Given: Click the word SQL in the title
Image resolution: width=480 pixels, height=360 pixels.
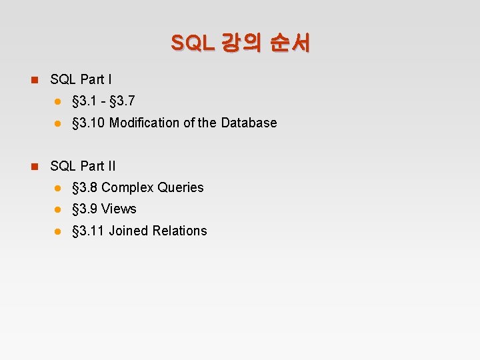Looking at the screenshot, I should [x=192, y=43].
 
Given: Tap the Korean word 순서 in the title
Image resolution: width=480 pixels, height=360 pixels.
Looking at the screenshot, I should [x=290, y=43].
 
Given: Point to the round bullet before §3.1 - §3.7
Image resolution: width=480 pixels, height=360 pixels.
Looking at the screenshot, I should [x=58, y=101].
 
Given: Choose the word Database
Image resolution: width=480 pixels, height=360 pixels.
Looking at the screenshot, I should [x=249, y=123].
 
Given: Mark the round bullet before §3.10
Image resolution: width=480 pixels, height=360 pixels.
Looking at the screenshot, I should [x=58, y=123].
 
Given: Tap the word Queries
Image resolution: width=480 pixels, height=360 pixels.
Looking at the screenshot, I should [x=181, y=187].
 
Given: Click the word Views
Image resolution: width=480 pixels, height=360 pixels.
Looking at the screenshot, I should [x=119, y=209].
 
